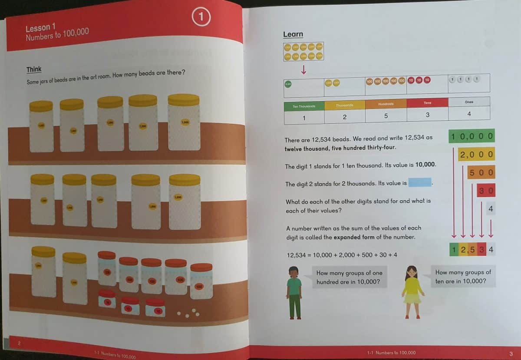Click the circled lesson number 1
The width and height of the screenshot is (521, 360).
[x=201, y=17]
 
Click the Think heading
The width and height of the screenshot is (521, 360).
[x=34, y=69]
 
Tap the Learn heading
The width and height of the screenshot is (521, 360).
[x=293, y=34]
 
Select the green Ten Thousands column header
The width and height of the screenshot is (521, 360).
[x=304, y=106]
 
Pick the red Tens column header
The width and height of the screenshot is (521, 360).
[x=427, y=103]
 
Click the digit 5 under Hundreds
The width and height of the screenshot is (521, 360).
[x=386, y=116]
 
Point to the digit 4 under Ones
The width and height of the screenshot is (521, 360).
[x=469, y=114]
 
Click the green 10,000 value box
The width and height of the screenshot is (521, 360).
[x=472, y=136]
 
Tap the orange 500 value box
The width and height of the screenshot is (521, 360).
[x=481, y=172]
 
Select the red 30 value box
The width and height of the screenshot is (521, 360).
[x=486, y=190]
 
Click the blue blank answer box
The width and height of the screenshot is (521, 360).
[x=420, y=183]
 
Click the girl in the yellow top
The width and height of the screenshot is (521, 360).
[x=412, y=291]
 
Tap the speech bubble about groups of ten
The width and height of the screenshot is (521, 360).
[x=463, y=277]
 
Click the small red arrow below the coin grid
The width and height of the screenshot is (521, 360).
[x=303, y=69]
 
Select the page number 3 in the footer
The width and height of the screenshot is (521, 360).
[x=511, y=353]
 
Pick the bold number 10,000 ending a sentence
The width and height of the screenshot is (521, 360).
[x=425, y=165]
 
